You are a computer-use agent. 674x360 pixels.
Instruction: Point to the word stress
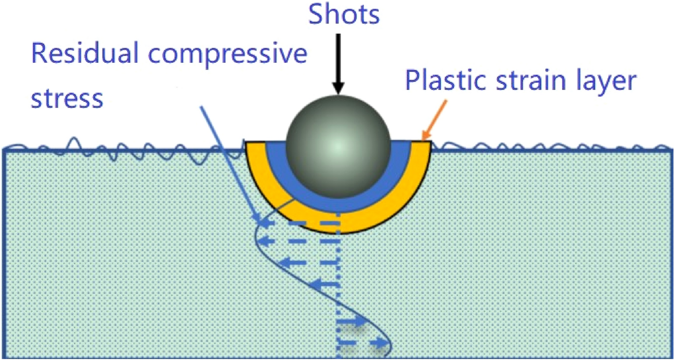(x=67, y=99)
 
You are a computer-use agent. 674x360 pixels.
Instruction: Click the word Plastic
(x=444, y=80)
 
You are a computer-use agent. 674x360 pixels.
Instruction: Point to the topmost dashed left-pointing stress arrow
(x=299, y=223)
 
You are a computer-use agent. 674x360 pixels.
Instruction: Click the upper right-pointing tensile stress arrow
(x=352, y=322)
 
